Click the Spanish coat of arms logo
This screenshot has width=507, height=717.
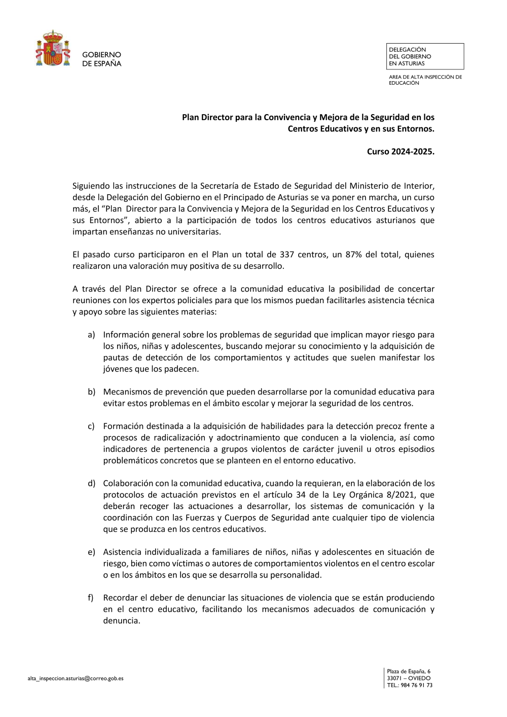[x=53, y=48]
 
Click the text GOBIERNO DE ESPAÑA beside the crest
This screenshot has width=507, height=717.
[x=101, y=59]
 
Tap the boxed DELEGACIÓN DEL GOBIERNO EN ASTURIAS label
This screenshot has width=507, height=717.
[x=425, y=56]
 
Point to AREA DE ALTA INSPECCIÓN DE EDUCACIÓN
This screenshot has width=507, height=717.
[x=425, y=80]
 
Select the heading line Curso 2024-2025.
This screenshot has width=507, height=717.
[x=401, y=151]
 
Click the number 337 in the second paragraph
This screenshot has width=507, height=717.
[x=287, y=255]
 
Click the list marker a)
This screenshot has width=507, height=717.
[x=91, y=335]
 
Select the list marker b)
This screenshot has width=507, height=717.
[x=91, y=392]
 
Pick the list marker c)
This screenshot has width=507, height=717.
[x=91, y=426]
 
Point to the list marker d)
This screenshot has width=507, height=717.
[x=91, y=484]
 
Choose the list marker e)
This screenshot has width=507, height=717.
[x=91, y=552]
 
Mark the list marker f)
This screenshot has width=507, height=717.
[x=91, y=598]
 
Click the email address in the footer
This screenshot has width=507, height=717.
[x=76, y=678]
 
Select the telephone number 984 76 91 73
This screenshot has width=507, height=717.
[x=416, y=686]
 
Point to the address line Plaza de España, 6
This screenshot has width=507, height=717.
[x=409, y=671]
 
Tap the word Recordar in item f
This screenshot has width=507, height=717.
[x=121, y=598]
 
